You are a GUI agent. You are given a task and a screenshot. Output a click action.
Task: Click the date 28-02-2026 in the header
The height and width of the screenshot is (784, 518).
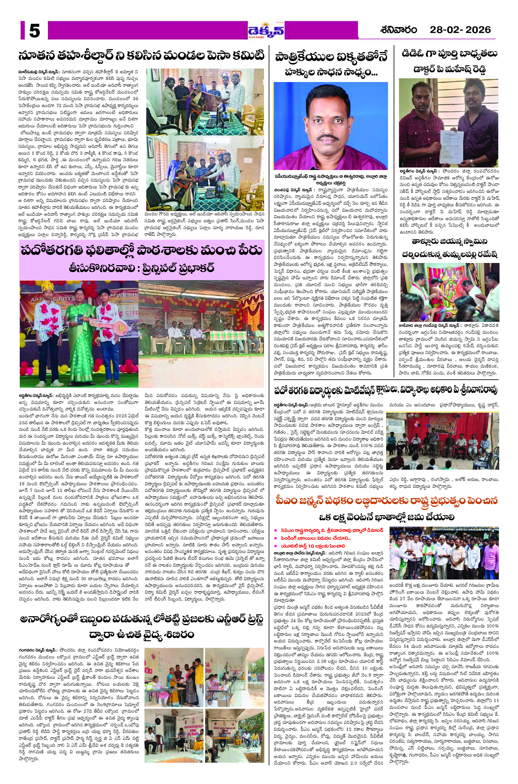coord(460,30)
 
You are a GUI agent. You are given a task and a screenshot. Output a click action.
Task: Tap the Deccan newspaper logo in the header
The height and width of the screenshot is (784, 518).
coord(266,31)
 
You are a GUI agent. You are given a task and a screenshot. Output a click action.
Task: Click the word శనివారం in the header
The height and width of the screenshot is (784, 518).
coord(398,30)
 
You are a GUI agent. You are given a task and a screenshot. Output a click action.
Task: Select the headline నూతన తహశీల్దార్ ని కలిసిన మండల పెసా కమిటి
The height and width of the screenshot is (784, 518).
coord(141,56)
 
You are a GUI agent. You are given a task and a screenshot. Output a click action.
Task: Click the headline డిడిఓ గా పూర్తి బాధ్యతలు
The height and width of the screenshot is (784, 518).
coord(449,54)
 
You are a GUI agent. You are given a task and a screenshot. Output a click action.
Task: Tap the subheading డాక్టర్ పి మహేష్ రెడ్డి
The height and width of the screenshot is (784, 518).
coord(449,69)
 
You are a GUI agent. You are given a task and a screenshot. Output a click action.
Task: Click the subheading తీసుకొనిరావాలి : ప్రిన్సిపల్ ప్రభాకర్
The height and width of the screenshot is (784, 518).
coord(141,268)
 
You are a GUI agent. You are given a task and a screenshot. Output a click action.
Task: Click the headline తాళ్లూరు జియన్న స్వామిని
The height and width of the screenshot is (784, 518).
coord(449,241)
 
